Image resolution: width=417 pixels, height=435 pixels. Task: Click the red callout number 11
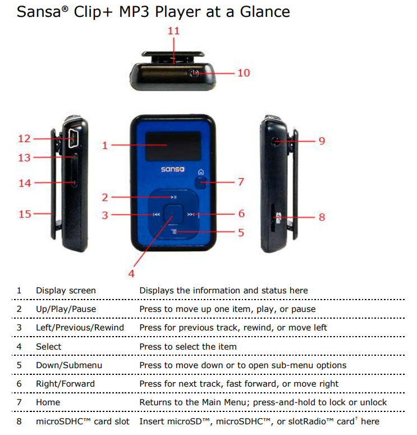click(x=174, y=30)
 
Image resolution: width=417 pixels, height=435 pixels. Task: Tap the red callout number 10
click(x=244, y=73)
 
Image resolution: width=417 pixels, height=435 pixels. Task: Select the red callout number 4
click(x=131, y=274)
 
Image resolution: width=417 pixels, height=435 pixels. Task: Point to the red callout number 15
click(x=25, y=214)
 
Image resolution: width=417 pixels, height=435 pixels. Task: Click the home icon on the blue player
click(x=201, y=172)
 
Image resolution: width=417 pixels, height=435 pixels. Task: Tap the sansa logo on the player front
click(x=173, y=169)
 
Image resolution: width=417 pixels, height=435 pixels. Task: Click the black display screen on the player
click(x=173, y=146)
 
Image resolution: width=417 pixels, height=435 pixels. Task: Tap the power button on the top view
click(x=194, y=73)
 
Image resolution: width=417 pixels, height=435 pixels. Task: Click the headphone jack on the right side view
click(x=276, y=141)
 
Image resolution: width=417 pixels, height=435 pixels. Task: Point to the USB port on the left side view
click(x=73, y=138)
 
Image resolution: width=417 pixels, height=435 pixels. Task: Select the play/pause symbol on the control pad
click(x=173, y=197)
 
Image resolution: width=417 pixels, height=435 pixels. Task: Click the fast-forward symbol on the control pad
click(x=191, y=215)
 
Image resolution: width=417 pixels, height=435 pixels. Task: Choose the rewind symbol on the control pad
click(x=157, y=215)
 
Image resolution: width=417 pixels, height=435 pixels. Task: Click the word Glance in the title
click(x=265, y=12)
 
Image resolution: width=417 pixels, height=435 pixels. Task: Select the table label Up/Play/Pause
click(x=66, y=309)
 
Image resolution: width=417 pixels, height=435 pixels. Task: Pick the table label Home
click(x=48, y=402)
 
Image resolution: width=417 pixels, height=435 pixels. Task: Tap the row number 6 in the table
click(x=19, y=383)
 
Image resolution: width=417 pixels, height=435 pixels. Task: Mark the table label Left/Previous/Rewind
click(x=80, y=327)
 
